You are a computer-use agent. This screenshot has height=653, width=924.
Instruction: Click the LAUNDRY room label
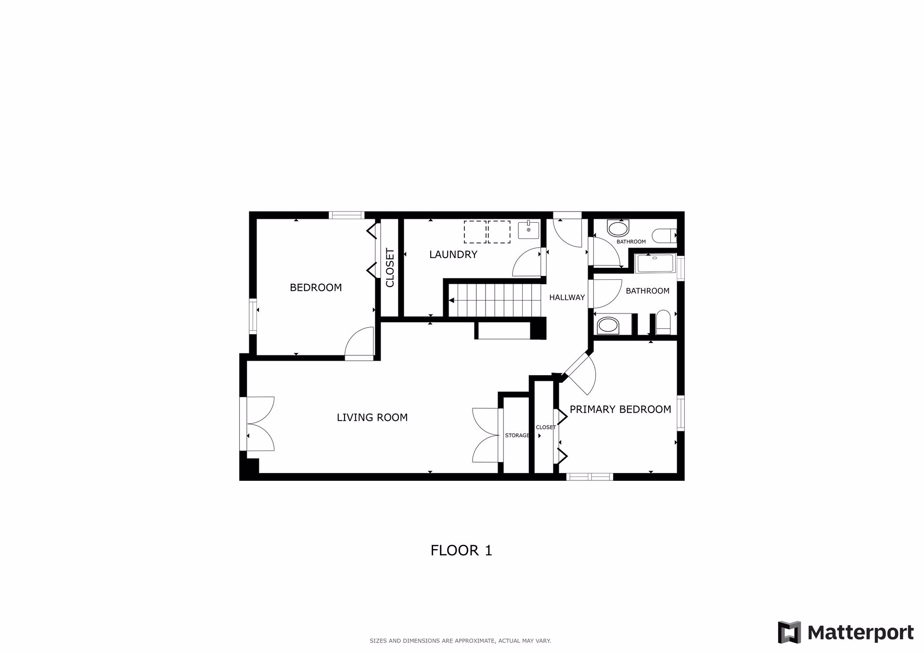[453, 254]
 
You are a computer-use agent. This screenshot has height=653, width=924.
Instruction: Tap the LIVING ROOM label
[372, 417]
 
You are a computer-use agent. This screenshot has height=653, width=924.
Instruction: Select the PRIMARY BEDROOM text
[620, 409]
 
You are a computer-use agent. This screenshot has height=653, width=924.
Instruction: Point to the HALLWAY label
[567, 298]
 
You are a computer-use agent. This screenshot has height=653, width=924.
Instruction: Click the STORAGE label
[517, 436]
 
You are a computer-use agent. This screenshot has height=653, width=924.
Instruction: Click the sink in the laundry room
[529, 230]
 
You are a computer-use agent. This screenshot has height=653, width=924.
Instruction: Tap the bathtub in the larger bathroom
[655, 264]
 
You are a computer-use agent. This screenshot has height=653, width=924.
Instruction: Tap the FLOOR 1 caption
[462, 551]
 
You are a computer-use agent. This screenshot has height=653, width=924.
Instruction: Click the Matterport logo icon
[789, 632]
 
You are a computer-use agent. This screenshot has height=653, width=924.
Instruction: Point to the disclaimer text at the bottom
[460, 640]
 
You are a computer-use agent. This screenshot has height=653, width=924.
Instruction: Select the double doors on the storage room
[486, 436]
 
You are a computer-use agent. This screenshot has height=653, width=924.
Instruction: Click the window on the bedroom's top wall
[346, 215]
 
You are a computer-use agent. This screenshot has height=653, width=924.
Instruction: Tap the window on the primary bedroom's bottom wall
[590, 477]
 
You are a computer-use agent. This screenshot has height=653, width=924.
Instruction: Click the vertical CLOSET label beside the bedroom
[390, 268]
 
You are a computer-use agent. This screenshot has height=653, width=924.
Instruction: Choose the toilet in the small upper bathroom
[664, 235]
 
